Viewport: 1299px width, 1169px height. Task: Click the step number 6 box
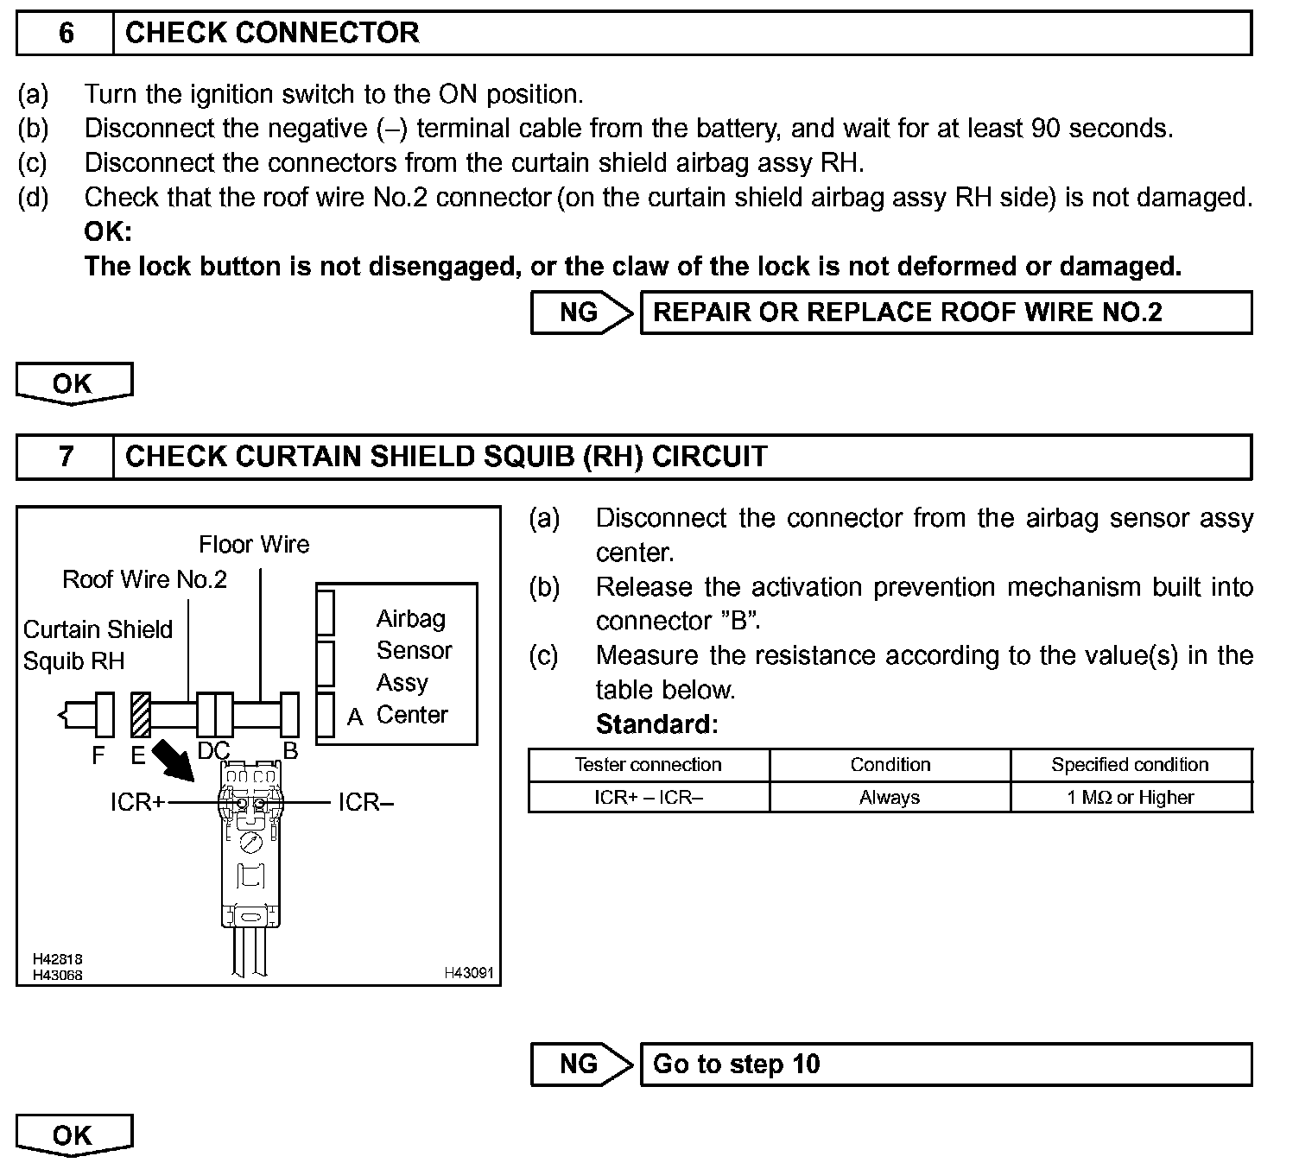(66, 34)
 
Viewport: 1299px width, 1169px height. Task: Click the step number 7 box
(66, 457)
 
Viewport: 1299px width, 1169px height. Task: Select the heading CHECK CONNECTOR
(272, 34)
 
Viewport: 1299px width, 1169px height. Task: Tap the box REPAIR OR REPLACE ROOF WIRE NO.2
(945, 313)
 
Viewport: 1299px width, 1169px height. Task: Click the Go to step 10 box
(945, 1065)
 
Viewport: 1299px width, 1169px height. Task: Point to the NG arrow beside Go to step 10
(580, 1065)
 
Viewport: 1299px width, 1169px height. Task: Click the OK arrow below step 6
(74, 383)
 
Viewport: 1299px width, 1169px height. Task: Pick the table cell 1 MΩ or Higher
(1131, 798)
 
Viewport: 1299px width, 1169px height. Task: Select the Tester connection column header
(648, 765)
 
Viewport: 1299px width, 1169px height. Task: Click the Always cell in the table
(890, 798)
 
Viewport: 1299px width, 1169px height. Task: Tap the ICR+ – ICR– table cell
(648, 798)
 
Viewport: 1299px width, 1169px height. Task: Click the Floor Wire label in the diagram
(254, 545)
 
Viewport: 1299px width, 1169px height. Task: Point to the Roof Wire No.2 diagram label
(144, 579)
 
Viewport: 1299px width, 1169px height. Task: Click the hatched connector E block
(141, 715)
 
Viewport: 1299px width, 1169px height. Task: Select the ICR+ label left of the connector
(137, 803)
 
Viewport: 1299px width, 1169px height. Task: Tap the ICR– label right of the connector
(365, 803)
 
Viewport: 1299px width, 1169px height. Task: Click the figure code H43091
(469, 973)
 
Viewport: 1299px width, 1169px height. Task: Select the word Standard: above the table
(656, 724)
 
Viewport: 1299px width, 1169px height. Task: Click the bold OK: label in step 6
(108, 232)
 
